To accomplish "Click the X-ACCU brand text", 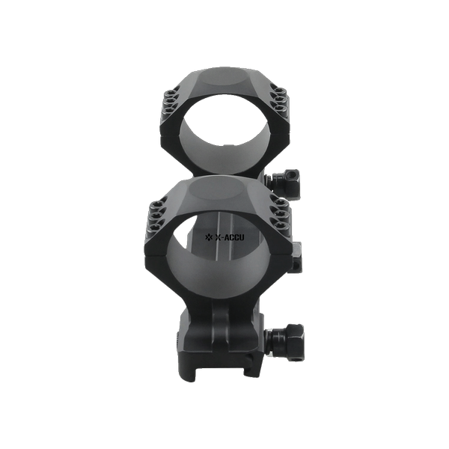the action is [x=230, y=237].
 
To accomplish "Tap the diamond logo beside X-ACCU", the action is [x=209, y=237].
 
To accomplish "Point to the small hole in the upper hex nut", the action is [x=292, y=174].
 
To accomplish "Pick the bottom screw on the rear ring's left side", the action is [x=170, y=109].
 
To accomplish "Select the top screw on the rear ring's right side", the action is [x=280, y=92].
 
